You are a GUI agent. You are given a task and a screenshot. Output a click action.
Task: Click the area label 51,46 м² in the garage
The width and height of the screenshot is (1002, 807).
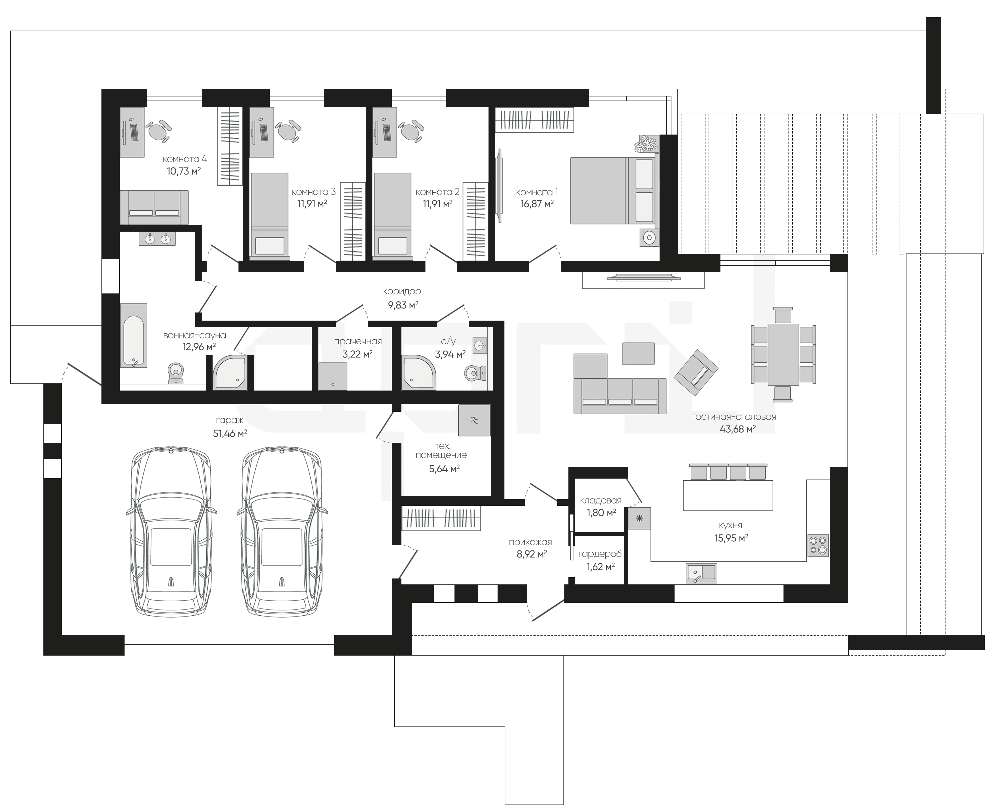(230, 434)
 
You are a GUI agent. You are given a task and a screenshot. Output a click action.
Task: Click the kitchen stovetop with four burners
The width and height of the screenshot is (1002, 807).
(818, 545)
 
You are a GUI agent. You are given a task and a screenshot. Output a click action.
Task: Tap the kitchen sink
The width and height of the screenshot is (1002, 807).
(701, 573)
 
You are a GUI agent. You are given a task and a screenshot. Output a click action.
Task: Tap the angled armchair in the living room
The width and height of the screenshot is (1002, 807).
(696, 370)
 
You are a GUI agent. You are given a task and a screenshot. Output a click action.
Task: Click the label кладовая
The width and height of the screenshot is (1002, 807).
(601, 501)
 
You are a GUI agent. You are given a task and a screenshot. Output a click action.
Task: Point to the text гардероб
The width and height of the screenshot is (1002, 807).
(600, 554)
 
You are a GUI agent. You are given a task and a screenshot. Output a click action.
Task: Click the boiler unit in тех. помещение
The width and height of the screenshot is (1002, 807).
(474, 420)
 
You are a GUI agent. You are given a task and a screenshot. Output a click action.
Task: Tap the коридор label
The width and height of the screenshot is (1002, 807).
(402, 292)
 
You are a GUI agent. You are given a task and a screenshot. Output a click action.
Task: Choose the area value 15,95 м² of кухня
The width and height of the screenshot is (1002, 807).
(731, 538)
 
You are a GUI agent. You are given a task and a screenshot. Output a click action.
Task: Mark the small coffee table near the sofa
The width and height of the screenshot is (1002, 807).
(638, 353)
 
